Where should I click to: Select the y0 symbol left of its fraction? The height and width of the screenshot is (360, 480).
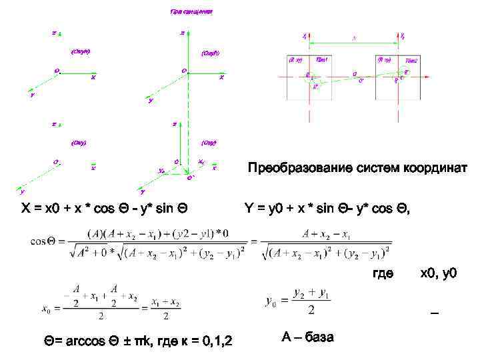[x=271, y=302]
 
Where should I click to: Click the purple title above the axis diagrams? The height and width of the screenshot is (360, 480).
[x=191, y=12]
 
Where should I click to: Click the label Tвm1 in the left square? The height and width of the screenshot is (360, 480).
[x=321, y=59]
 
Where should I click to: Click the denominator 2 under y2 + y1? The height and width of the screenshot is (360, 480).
[x=311, y=311]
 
